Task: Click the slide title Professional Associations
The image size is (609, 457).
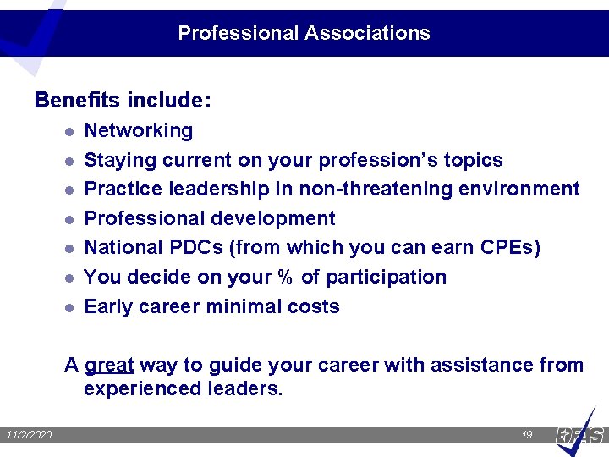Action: (304, 34)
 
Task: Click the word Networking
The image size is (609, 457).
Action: (139, 131)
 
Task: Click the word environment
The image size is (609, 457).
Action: (519, 189)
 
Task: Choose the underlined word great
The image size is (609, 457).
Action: (109, 366)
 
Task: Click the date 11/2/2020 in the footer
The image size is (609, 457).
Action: (29, 435)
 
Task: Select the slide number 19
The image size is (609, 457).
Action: (527, 435)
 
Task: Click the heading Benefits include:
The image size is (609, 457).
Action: (123, 101)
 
